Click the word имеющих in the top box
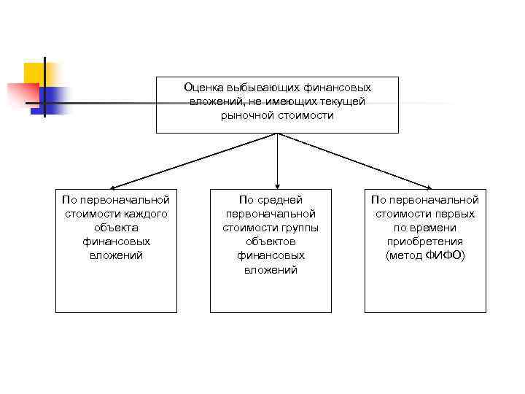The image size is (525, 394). click(281, 101)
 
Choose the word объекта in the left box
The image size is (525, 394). click(116, 228)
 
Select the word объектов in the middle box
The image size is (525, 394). click(271, 242)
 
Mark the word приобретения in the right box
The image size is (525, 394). click(425, 242)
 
